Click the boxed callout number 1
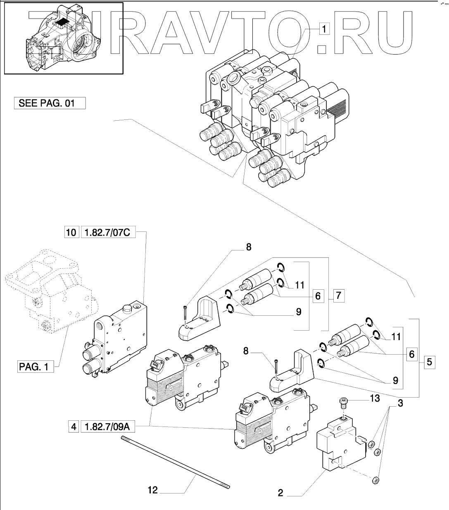pos(324,29)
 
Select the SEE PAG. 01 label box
pos(50,103)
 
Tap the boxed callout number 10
pos(71,232)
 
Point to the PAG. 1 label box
pos(35,366)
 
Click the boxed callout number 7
pos(338,295)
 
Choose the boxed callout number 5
pos(430,362)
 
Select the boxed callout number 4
pos(74,427)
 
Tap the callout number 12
pos(153,490)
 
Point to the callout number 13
pos(375,398)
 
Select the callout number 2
pos(280,493)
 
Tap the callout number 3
pos(400,403)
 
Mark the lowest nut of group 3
pos(376,480)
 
